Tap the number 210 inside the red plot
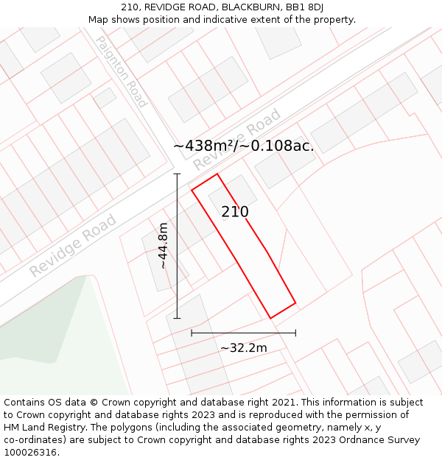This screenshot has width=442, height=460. pos(235,212)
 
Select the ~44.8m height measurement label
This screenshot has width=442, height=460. pos(164,245)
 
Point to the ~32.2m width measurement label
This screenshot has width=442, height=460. pos(243,347)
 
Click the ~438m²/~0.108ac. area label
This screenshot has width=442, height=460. pos(243,146)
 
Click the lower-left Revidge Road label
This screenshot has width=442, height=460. pos(73,245)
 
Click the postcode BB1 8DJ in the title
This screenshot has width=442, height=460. pos(302,7)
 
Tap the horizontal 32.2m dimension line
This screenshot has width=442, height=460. pos(243,333)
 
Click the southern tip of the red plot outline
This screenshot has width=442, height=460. pos(270,318)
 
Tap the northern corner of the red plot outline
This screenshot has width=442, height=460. pos(217,174)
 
